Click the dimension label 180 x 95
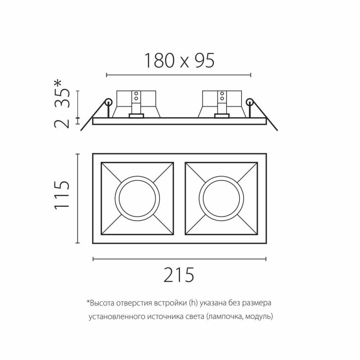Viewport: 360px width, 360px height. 178,61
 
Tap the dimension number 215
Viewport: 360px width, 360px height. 179,276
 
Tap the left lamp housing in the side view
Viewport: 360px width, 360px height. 136,103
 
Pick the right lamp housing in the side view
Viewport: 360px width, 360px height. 222,103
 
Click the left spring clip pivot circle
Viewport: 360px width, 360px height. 109,102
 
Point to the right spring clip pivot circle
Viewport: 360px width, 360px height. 250,102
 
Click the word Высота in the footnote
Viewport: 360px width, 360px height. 102,303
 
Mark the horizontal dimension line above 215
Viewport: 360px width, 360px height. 179,259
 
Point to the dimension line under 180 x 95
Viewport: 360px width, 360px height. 178,76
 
